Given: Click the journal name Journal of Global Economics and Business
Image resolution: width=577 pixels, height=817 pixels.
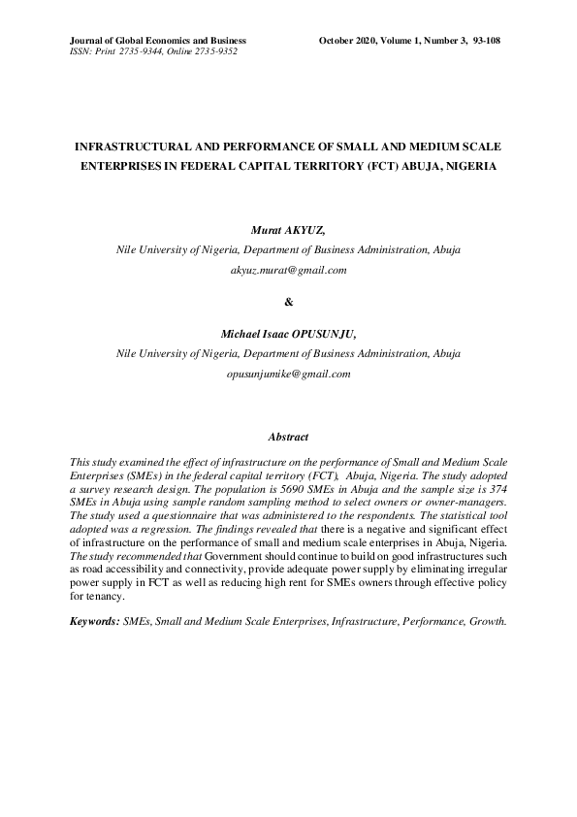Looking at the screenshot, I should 158,40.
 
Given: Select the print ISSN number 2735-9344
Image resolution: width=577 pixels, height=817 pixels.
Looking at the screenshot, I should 139,51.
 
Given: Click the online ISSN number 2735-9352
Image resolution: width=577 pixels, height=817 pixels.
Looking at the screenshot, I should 214,51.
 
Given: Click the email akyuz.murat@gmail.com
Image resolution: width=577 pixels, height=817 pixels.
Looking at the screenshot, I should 288,270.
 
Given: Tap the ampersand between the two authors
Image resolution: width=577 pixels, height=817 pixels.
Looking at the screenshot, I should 288,303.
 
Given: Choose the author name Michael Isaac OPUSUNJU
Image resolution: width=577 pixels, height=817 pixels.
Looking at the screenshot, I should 288,335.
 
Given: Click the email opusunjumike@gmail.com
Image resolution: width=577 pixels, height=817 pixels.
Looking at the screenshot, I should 288,374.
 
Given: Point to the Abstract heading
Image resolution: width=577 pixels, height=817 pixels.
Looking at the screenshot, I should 288,438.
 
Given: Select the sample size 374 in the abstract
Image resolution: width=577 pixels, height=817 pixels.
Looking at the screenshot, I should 495,492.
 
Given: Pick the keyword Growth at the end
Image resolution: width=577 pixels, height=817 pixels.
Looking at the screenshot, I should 487,619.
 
